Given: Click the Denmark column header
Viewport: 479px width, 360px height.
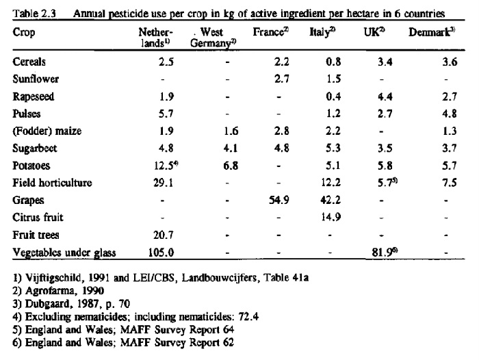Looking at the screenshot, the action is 432,32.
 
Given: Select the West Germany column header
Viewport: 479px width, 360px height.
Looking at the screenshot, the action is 213,38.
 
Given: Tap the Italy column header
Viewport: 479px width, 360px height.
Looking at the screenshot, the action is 322,32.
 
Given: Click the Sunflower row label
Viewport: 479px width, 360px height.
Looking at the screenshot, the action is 36,79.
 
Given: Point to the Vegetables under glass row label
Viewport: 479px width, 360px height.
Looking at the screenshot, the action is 64,253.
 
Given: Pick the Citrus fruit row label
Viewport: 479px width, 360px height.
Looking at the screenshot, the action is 38,217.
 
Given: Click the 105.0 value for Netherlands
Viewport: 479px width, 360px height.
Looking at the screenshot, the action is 161,253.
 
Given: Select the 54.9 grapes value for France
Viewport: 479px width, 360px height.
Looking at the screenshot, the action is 279,200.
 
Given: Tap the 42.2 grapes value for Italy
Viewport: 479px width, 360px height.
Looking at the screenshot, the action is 331,200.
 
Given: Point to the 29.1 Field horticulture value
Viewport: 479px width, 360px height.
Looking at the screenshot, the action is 163,183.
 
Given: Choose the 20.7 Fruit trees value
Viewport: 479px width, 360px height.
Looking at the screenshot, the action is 163,235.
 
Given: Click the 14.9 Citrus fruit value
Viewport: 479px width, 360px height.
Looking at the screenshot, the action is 331,217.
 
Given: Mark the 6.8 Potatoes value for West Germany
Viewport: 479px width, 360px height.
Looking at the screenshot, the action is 231,166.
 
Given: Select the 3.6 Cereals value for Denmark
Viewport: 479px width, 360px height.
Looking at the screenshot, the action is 450,62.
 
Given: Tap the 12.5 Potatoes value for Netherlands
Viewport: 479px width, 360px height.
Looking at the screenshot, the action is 164,166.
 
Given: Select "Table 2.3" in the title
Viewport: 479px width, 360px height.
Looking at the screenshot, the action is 34,14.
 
